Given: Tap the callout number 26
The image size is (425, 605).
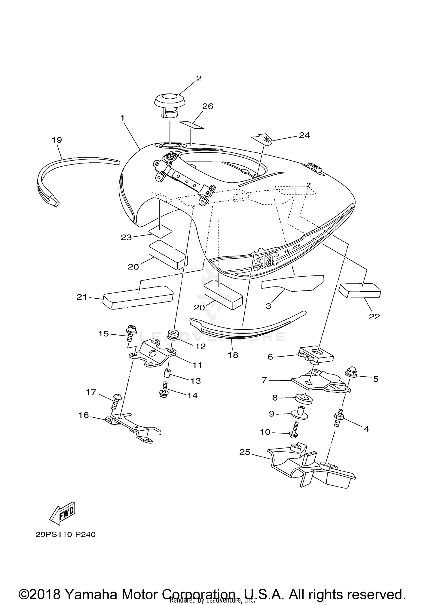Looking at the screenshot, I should point(207,106).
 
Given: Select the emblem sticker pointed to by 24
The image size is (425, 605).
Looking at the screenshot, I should point(262,139).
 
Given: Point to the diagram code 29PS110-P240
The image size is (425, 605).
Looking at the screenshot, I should point(65,534).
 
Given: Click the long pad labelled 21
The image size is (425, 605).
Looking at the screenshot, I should point(138,297).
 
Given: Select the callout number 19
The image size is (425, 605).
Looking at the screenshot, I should point(57,140).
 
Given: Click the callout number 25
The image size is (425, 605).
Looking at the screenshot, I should point(245,452).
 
